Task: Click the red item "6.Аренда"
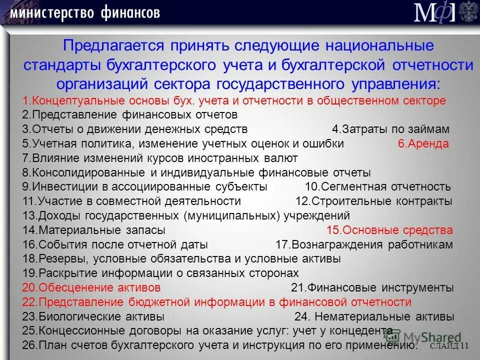[423, 143]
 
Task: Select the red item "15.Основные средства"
[389, 230]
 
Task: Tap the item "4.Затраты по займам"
[390, 129]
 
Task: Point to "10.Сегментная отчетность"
[377, 187]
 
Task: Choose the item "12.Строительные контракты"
[374, 201]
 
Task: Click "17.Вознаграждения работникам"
[364, 245]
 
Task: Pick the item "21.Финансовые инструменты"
[372, 288]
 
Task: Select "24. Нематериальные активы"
[374, 317]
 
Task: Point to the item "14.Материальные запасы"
[94, 230]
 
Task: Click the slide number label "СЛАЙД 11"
[449, 346]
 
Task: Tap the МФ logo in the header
[434, 12]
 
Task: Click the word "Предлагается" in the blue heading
[113, 46]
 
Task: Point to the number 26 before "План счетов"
[28, 345]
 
